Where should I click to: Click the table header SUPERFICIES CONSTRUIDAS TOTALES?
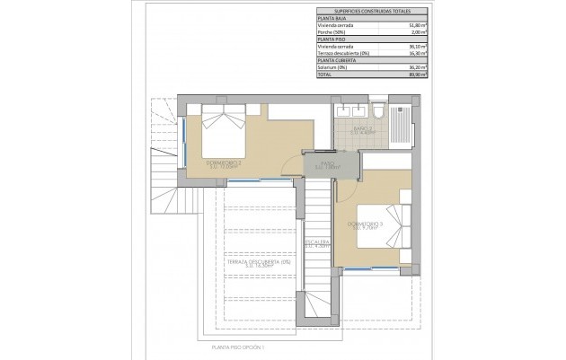click(372, 12)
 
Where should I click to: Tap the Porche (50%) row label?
click(332, 33)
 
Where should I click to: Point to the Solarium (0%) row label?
click(333, 67)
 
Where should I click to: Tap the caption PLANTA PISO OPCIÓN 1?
click(240, 345)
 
